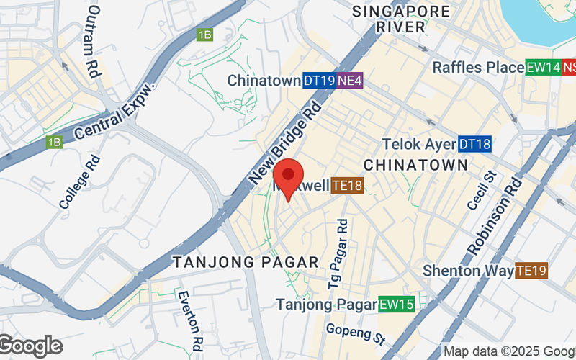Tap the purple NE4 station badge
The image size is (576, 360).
click(350, 81)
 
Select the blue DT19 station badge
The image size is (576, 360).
click(319, 81)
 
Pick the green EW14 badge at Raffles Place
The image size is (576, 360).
click(543, 67)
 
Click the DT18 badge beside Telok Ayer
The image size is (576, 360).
click(475, 144)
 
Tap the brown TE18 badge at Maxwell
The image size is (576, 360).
click(347, 186)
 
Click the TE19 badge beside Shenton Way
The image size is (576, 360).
click(532, 271)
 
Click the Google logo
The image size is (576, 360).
click(30, 346)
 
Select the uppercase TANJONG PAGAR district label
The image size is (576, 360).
click(246, 262)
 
